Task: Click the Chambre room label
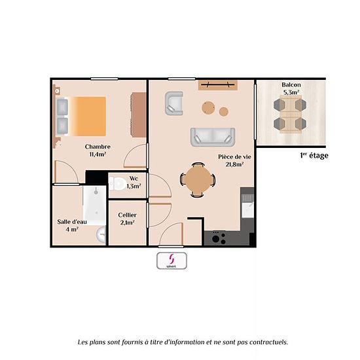(x=98, y=147)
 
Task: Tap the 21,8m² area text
(x=234, y=164)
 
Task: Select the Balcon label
(x=291, y=84)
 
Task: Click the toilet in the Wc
(x=117, y=183)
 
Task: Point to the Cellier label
(x=127, y=215)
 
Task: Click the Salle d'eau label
(x=72, y=222)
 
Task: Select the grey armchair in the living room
(x=174, y=103)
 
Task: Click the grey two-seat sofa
(x=213, y=137)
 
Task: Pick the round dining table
(x=198, y=180)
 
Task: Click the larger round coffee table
(x=208, y=108)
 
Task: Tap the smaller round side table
(x=223, y=111)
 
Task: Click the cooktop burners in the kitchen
(x=219, y=238)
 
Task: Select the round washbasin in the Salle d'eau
(x=101, y=234)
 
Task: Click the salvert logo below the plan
(x=171, y=261)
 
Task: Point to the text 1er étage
(x=314, y=156)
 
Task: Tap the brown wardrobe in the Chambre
(x=139, y=115)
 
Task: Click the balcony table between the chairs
(x=290, y=114)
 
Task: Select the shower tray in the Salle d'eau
(x=95, y=206)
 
